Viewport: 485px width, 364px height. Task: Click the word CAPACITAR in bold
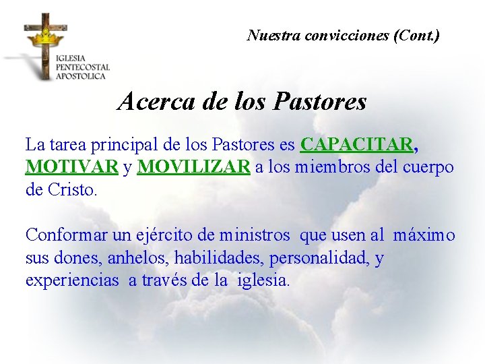pyautogui.click(x=357, y=145)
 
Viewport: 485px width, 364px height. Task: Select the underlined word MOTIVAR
pyautogui.click(x=72, y=167)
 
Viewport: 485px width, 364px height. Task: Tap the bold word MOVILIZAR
pyautogui.click(x=194, y=167)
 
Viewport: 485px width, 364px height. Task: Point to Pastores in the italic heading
pyautogui.click(x=321, y=102)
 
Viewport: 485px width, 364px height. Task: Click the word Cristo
pyautogui.click(x=73, y=189)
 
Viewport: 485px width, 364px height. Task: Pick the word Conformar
pyautogui.click(x=65, y=235)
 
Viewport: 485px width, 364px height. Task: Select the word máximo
pyautogui.click(x=424, y=235)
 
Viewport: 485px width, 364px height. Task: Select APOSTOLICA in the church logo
pyautogui.click(x=81, y=76)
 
